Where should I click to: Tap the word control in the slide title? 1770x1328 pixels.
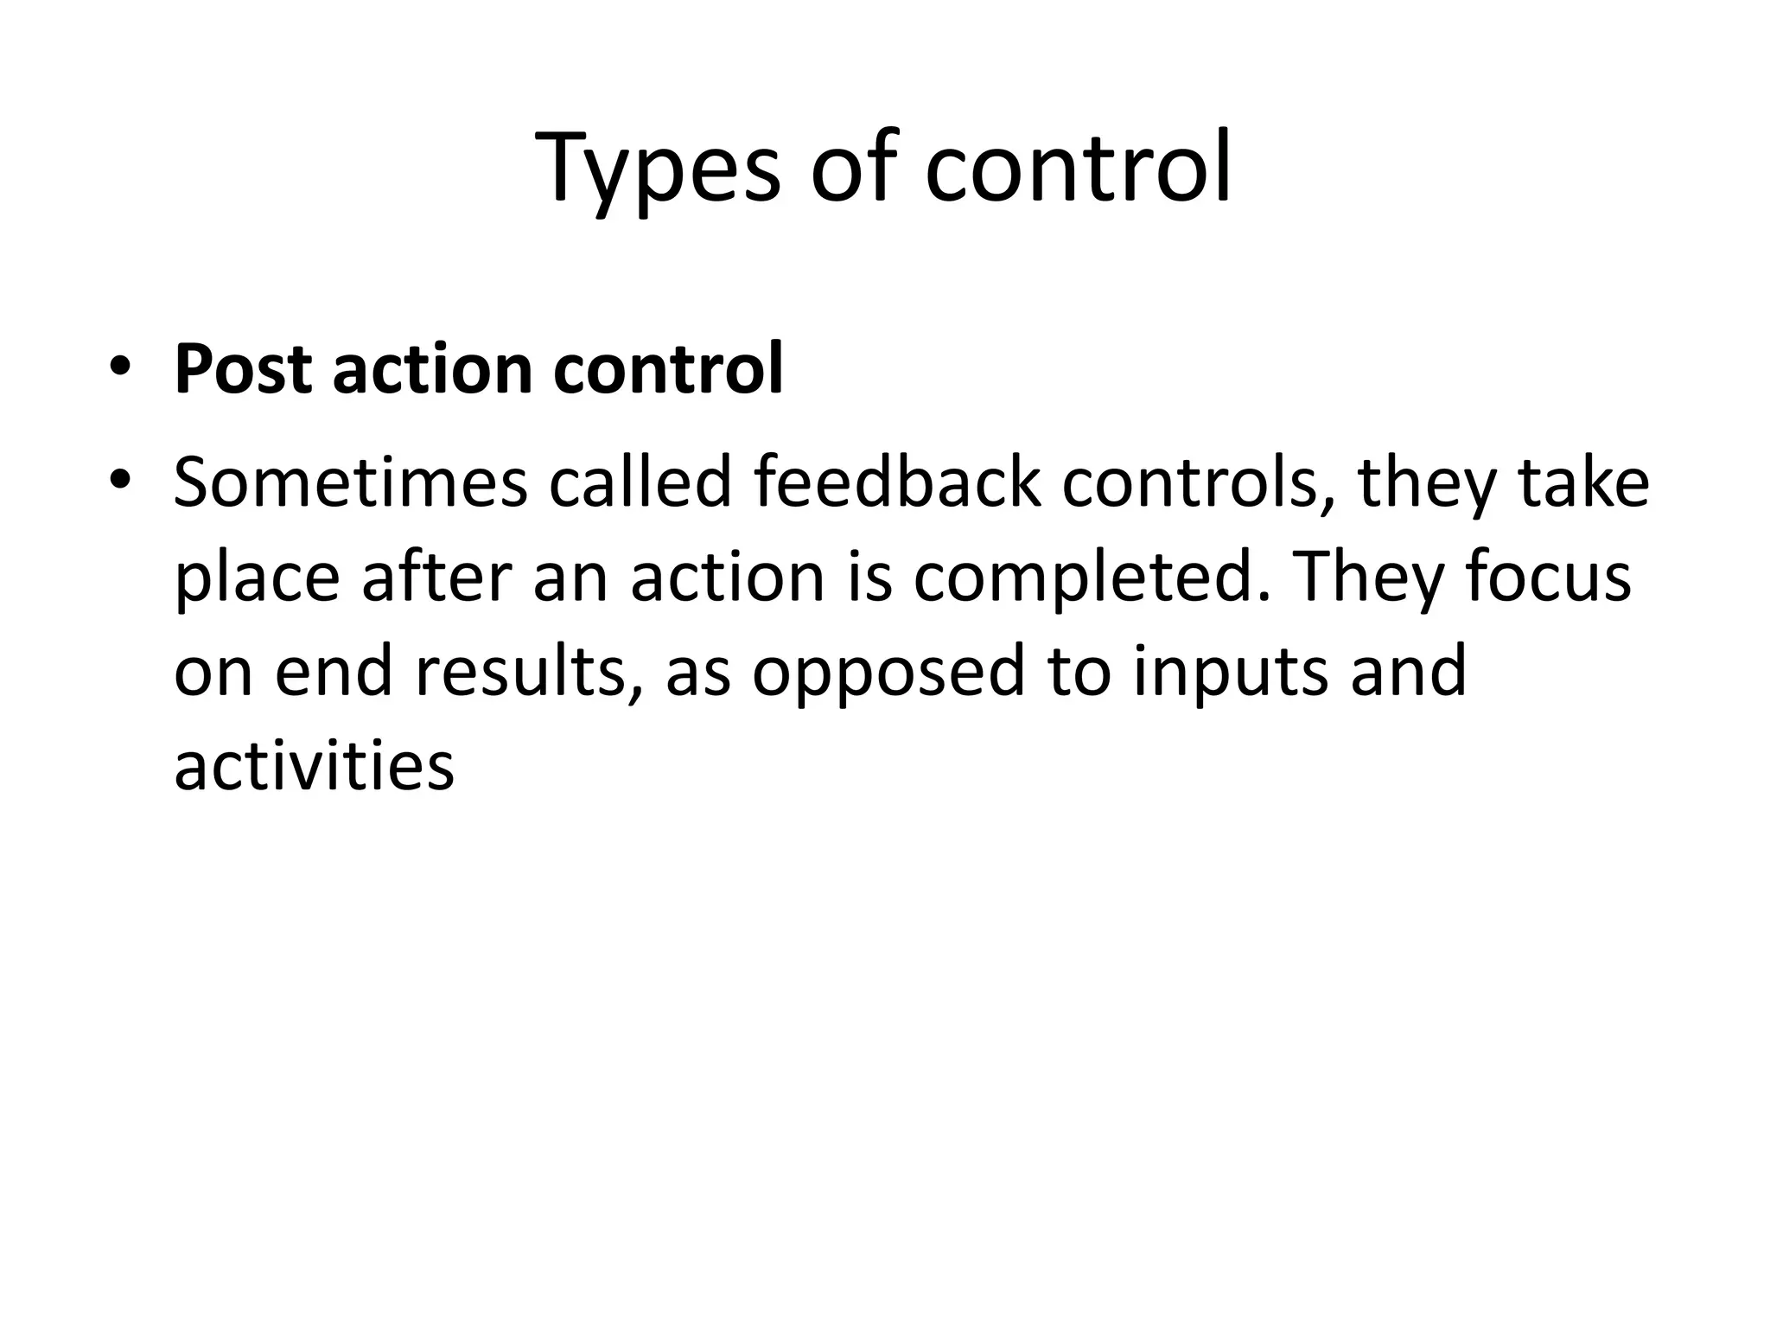1078,169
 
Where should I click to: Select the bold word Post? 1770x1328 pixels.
243,370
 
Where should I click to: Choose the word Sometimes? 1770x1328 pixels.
350,482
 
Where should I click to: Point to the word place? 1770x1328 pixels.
257,578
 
